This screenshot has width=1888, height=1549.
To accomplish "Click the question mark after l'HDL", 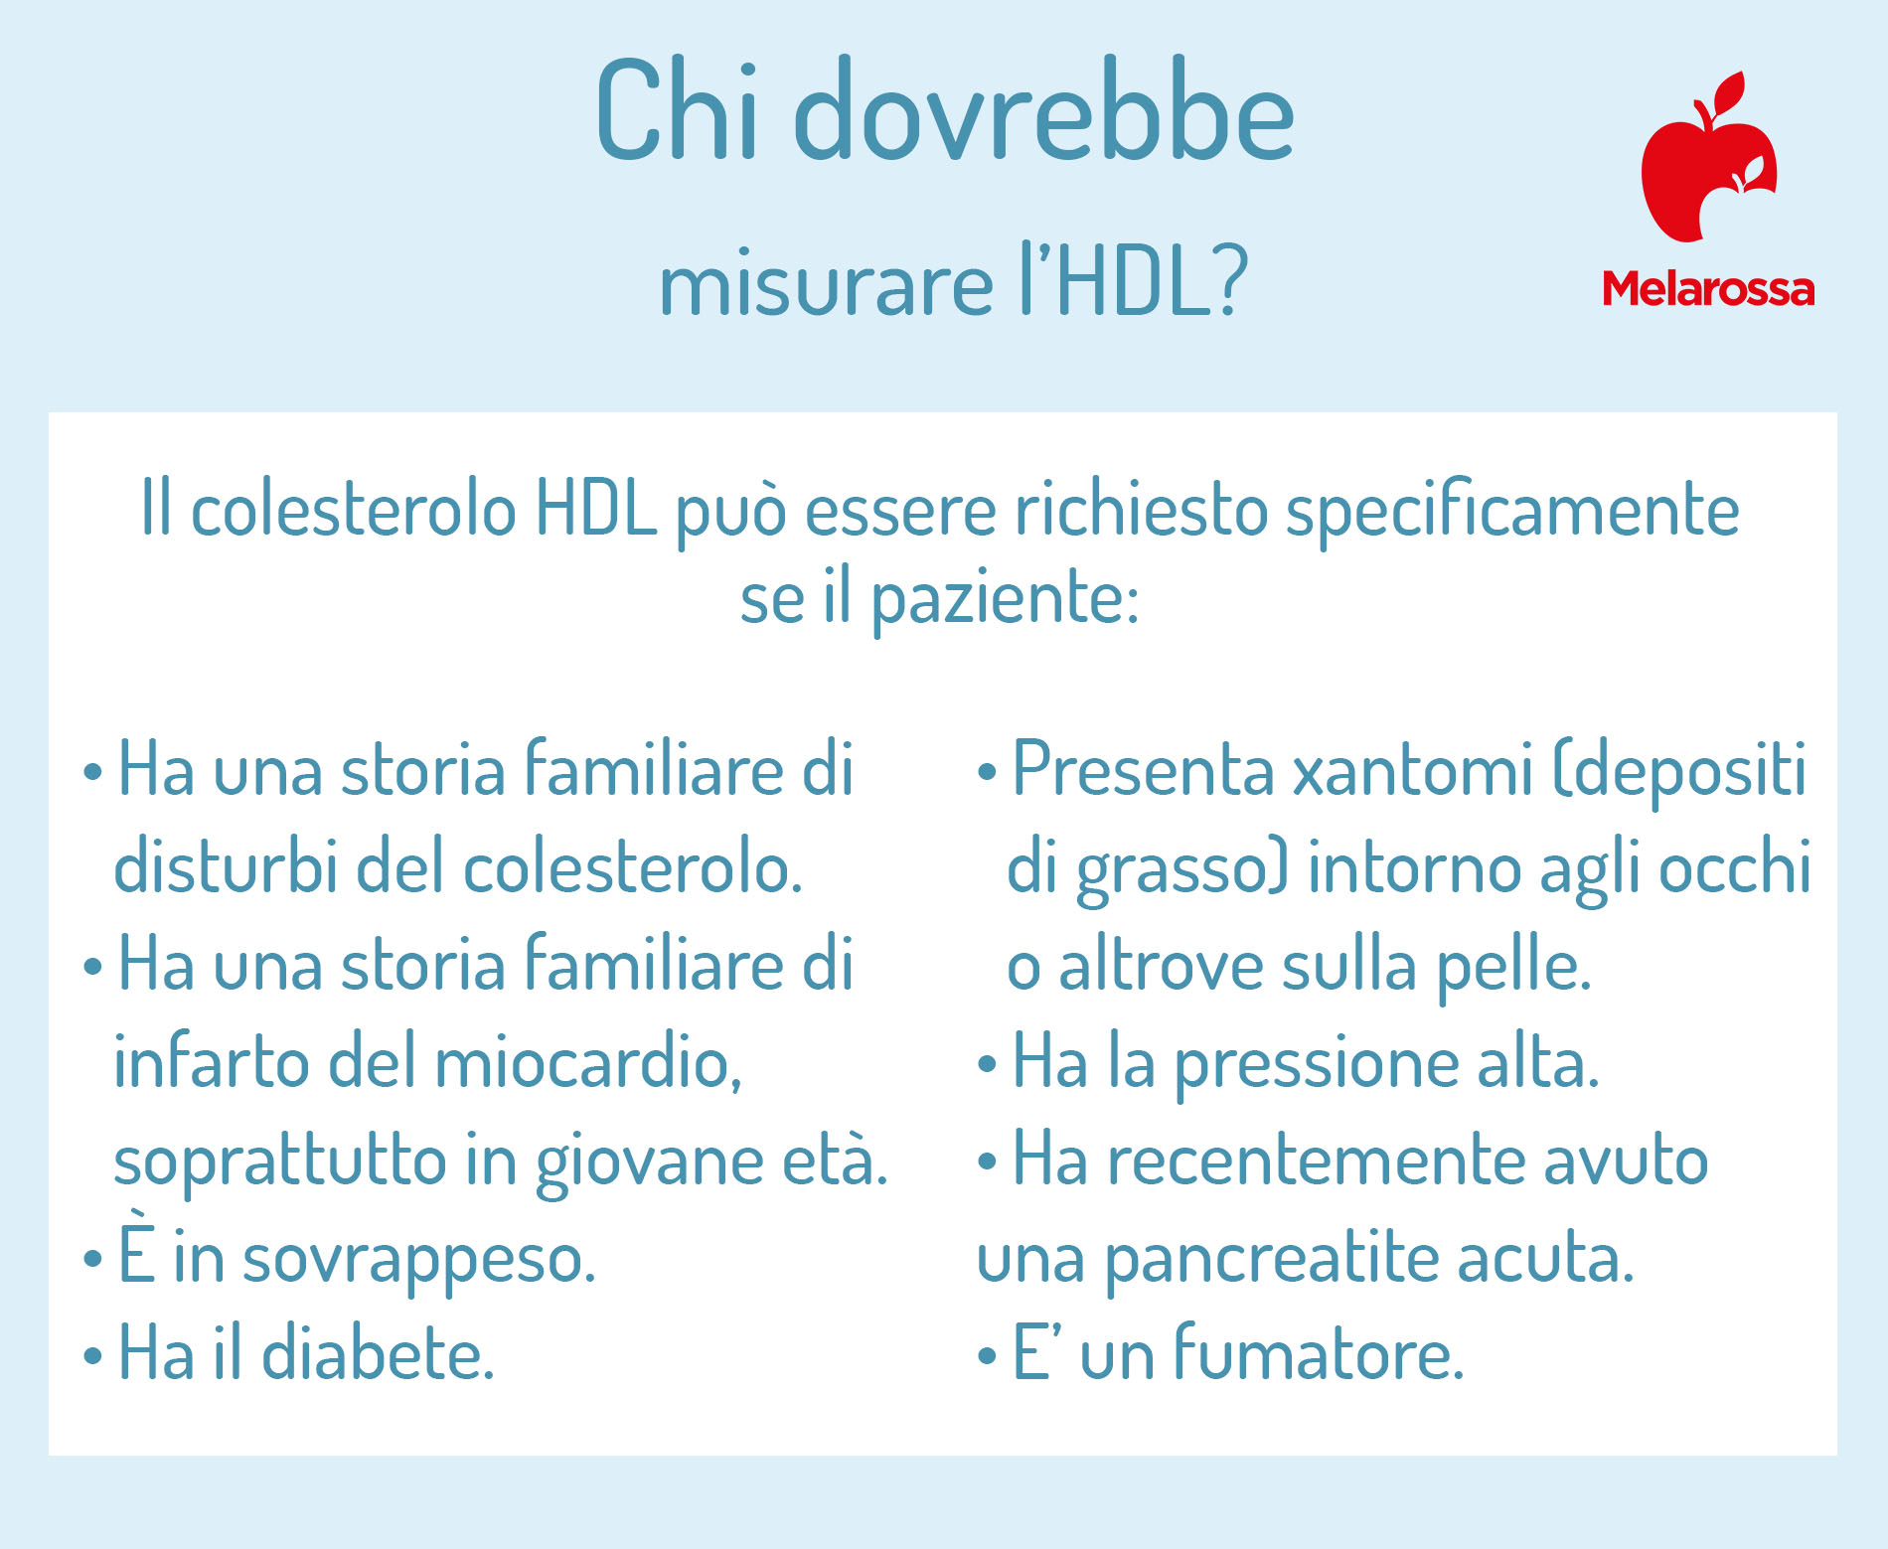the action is click(x=1230, y=282).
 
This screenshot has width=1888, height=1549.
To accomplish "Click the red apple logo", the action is click(x=1707, y=159).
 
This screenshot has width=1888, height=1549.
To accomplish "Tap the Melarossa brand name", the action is click(x=1708, y=289).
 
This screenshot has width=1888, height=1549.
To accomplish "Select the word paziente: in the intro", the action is click(x=1005, y=601).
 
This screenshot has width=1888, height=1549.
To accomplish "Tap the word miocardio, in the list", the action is click(x=587, y=1062).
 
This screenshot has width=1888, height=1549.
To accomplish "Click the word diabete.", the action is click(x=378, y=1353).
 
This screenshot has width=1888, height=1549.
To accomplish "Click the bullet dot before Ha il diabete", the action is click(x=92, y=1355).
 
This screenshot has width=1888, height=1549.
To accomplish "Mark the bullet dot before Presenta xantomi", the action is click(x=987, y=771).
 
